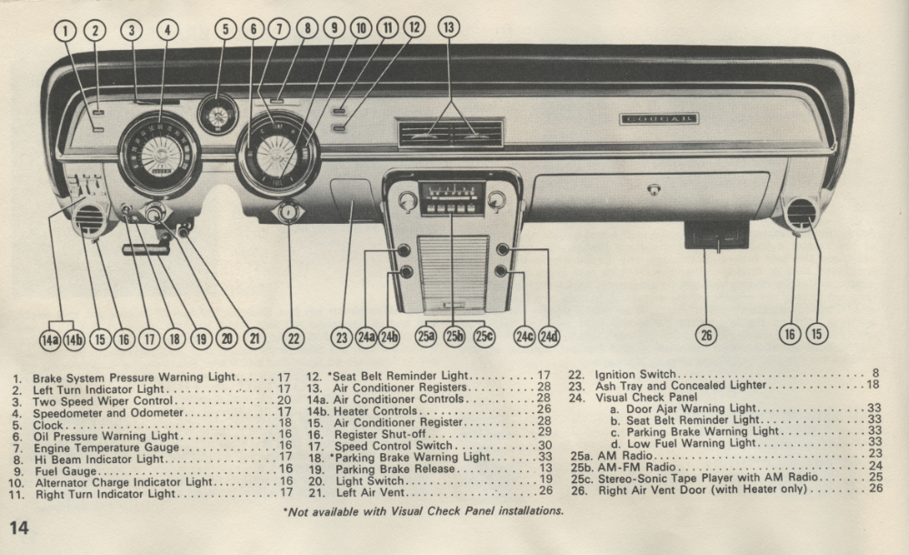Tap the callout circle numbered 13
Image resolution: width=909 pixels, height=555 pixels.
(448, 27)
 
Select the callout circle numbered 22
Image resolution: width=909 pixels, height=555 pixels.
(293, 338)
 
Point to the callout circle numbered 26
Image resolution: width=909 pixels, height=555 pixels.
(706, 336)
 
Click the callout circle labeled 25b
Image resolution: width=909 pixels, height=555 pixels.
(455, 337)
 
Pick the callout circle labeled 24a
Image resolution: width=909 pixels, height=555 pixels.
(365, 338)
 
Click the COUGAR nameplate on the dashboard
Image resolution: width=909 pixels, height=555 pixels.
(659, 119)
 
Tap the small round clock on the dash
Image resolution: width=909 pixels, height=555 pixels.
(218, 114)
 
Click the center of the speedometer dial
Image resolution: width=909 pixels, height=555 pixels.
(160, 155)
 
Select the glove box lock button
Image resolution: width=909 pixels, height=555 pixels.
(651, 189)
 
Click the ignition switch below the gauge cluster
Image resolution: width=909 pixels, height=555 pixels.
(288, 214)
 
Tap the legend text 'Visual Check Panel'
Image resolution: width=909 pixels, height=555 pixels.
(647, 398)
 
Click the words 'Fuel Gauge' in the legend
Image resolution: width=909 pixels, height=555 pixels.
(60, 469)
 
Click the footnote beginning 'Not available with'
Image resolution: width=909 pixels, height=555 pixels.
(424, 510)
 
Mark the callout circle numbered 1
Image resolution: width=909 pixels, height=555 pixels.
(65, 29)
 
